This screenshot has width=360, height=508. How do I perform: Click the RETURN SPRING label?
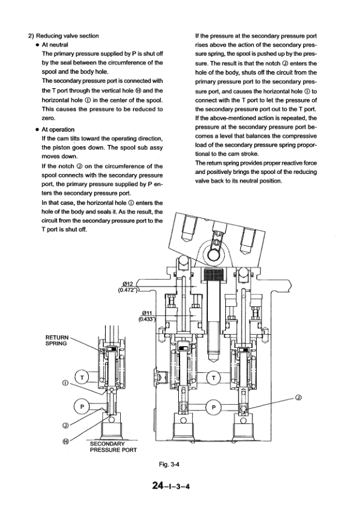coord(57,341)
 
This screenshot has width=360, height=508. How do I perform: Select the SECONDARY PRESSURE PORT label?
coord(114,447)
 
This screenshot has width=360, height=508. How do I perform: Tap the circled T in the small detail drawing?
coord(82,378)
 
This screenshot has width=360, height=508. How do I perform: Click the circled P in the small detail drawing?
coord(82,407)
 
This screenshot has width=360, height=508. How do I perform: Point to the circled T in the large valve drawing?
coord(214,378)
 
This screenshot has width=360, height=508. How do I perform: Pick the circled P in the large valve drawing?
coord(214,407)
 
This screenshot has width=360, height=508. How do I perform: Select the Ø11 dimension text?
coord(147,313)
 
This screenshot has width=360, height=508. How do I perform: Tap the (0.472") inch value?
coord(128,290)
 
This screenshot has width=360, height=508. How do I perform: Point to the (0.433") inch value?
coord(147,319)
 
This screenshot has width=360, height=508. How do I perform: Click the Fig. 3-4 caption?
coord(169,465)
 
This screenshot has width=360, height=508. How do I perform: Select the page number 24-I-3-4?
coord(171,486)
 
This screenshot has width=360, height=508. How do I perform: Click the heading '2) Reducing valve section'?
coord(63,36)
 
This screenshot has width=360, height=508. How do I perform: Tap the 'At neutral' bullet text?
coord(55,45)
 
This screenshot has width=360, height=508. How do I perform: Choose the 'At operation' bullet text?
coord(58,130)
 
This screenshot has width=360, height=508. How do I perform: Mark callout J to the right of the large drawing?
coord(299,397)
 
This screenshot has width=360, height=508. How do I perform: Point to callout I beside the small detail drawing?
coord(65,384)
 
